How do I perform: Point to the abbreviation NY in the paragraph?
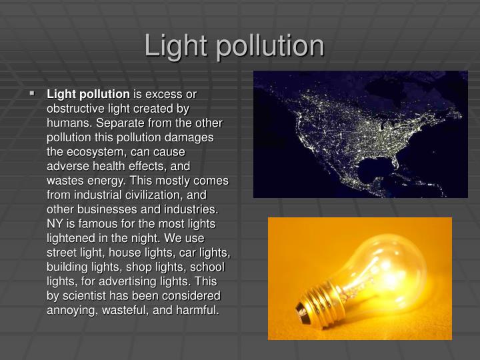(54, 223)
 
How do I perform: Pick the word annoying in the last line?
(71, 310)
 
